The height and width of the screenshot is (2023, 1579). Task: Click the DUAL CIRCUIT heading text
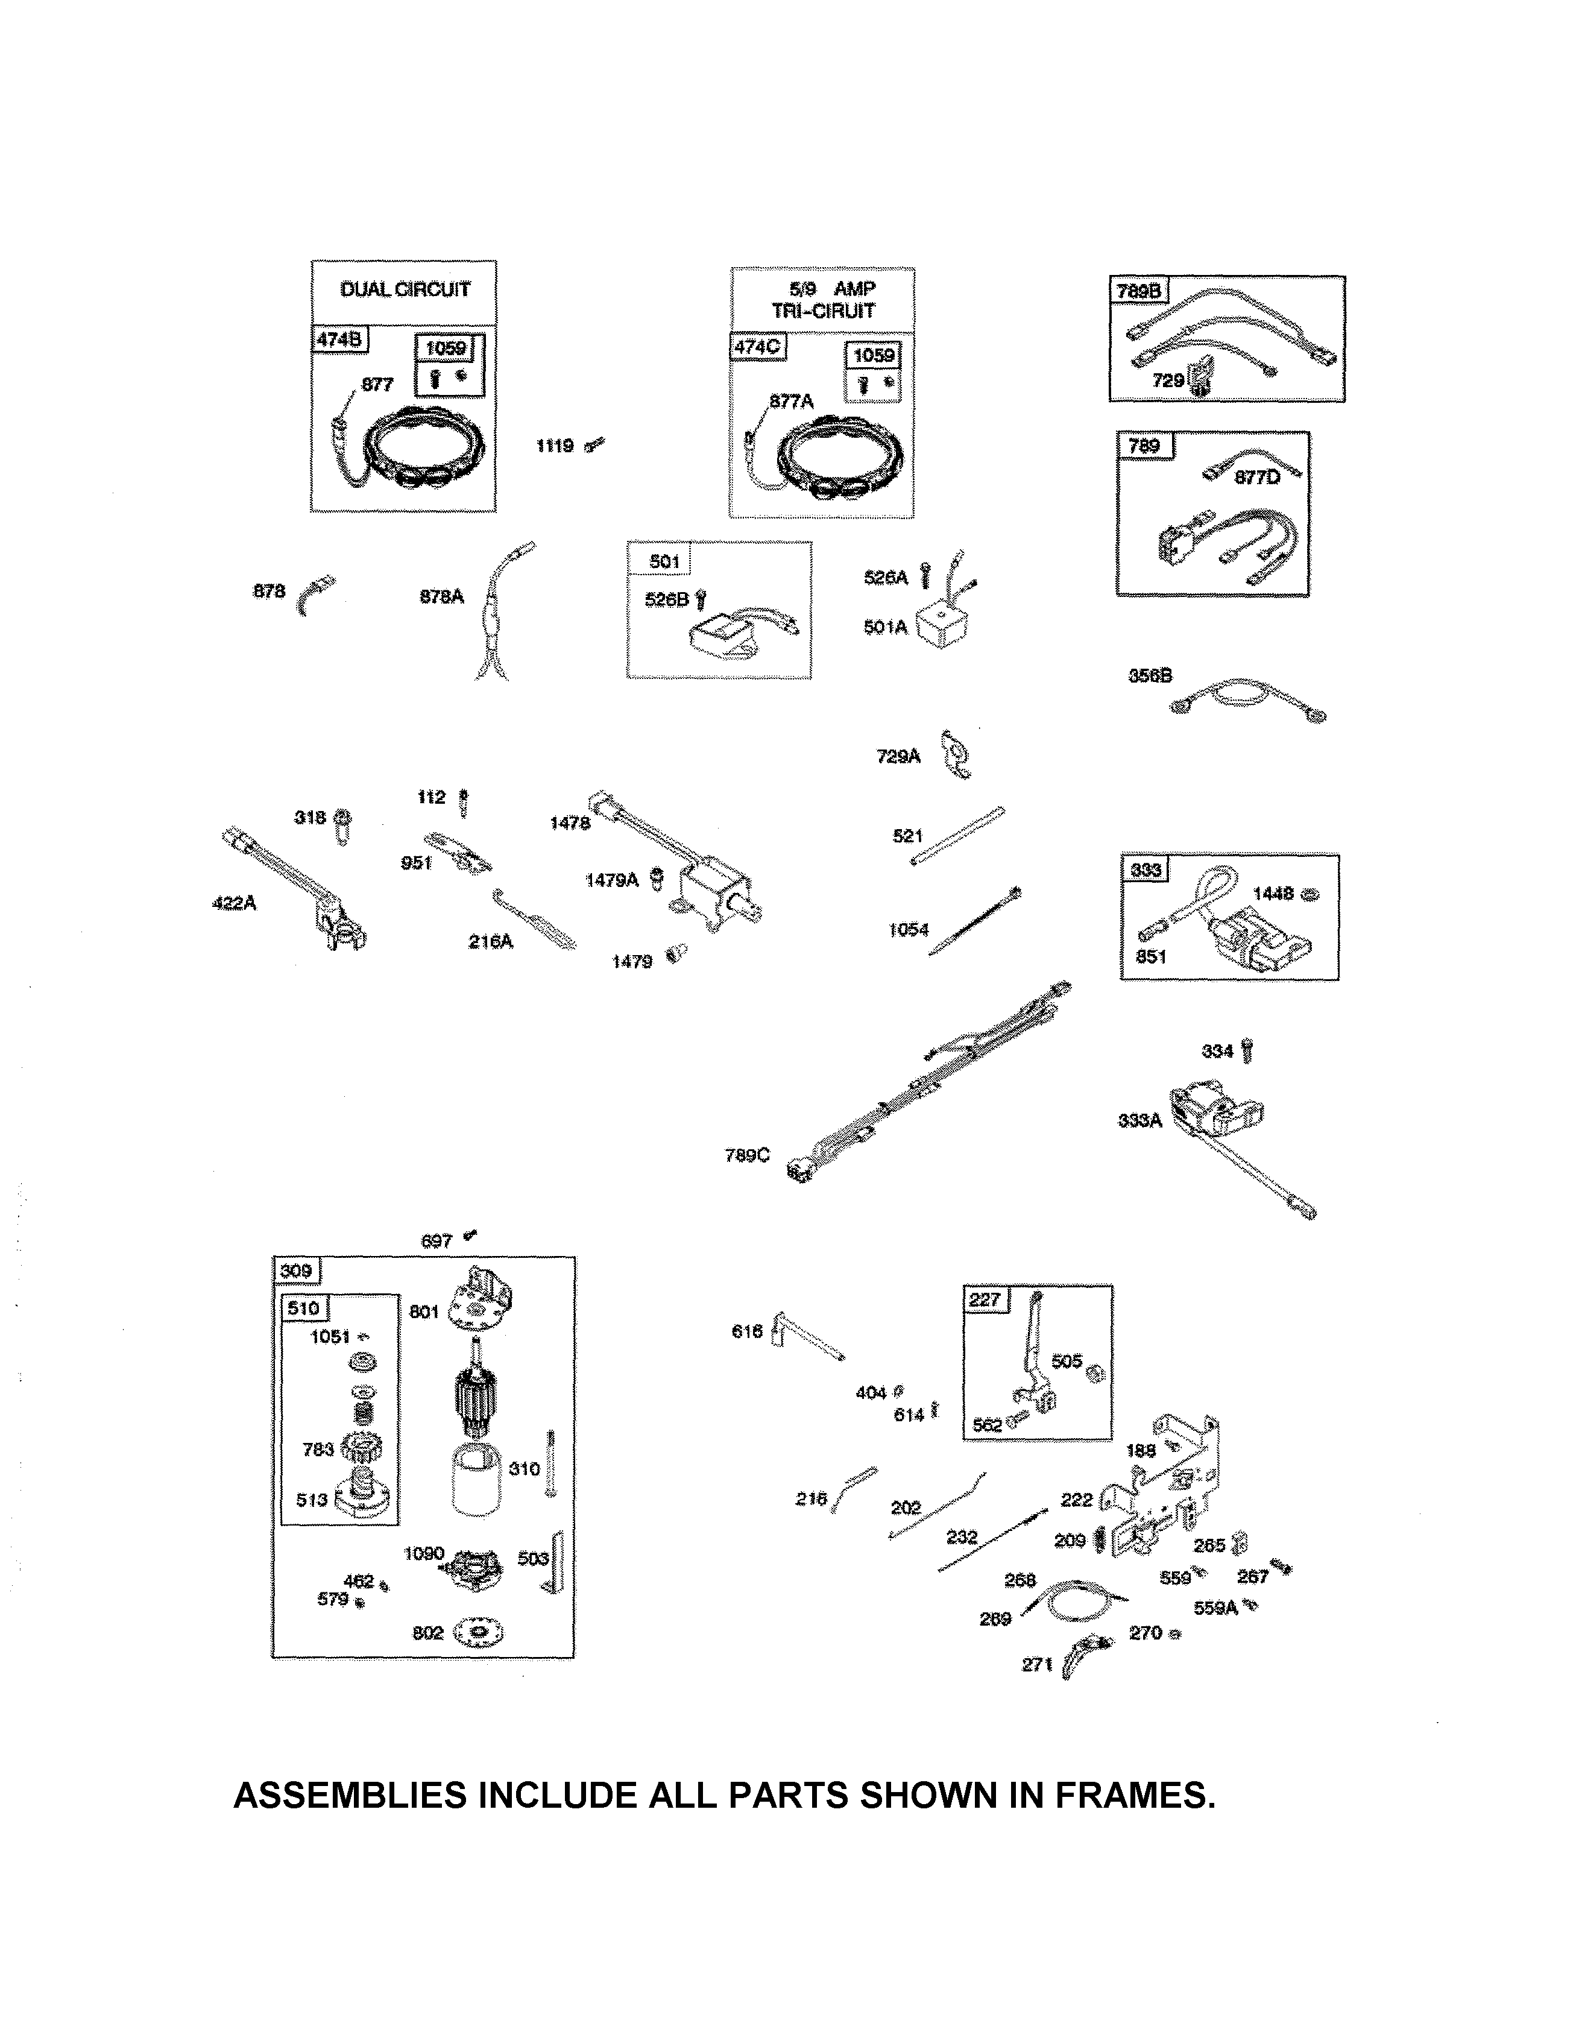[405, 290]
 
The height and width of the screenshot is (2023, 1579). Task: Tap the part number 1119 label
[555, 446]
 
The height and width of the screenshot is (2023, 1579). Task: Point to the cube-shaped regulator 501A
[942, 627]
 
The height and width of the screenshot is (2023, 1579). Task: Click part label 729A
[897, 757]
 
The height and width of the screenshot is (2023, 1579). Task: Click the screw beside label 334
[1250, 1050]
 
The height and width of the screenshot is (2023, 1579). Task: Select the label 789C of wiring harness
[746, 1155]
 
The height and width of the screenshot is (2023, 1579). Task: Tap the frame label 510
[303, 1308]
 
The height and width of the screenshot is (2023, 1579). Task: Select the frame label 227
[985, 1299]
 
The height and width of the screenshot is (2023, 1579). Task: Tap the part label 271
[1036, 1665]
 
